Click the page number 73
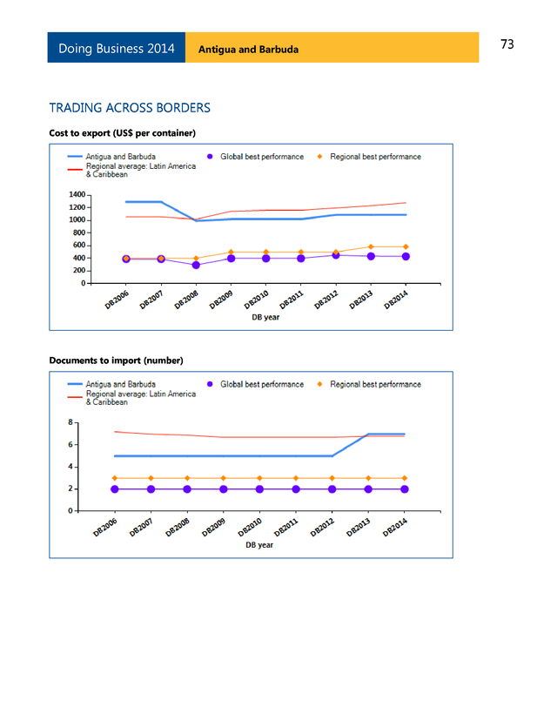point(507,44)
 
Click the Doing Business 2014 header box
point(116,48)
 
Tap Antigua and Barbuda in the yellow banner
point(248,49)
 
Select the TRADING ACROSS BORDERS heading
point(130,108)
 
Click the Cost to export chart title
point(122,132)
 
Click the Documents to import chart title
point(116,360)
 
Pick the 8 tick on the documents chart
point(70,422)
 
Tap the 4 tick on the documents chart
point(70,467)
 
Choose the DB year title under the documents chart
point(259,545)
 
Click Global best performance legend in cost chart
point(261,157)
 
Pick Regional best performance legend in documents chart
point(375,384)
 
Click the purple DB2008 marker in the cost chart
point(196,265)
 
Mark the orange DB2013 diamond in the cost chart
point(370,247)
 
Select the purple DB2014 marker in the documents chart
point(405,489)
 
